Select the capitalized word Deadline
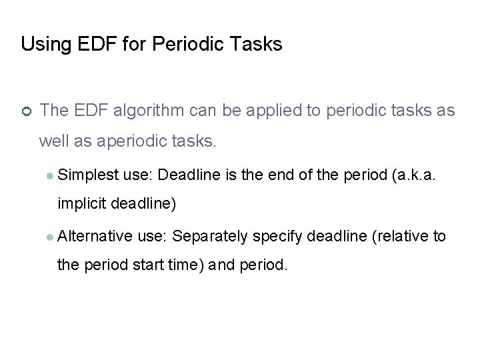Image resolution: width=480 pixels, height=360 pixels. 189,175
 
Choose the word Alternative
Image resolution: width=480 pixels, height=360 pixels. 95,235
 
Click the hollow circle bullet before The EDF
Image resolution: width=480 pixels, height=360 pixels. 26,111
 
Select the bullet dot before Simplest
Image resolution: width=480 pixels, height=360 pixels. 51,176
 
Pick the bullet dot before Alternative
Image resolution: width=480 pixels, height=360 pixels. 51,236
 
